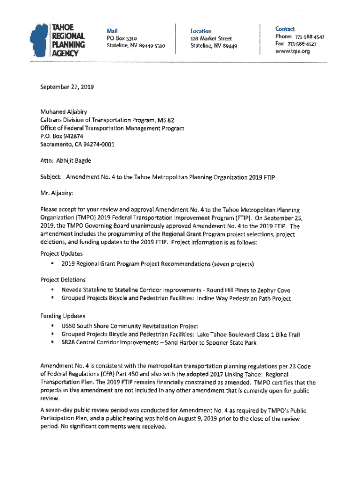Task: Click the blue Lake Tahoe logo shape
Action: [x=39, y=40]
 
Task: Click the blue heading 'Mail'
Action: [x=112, y=30]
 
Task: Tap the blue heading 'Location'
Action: [x=201, y=31]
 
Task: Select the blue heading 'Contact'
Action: [x=285, y=29]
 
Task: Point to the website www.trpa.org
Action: [x=293, y=51]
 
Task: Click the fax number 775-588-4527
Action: [x=302, y=44]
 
